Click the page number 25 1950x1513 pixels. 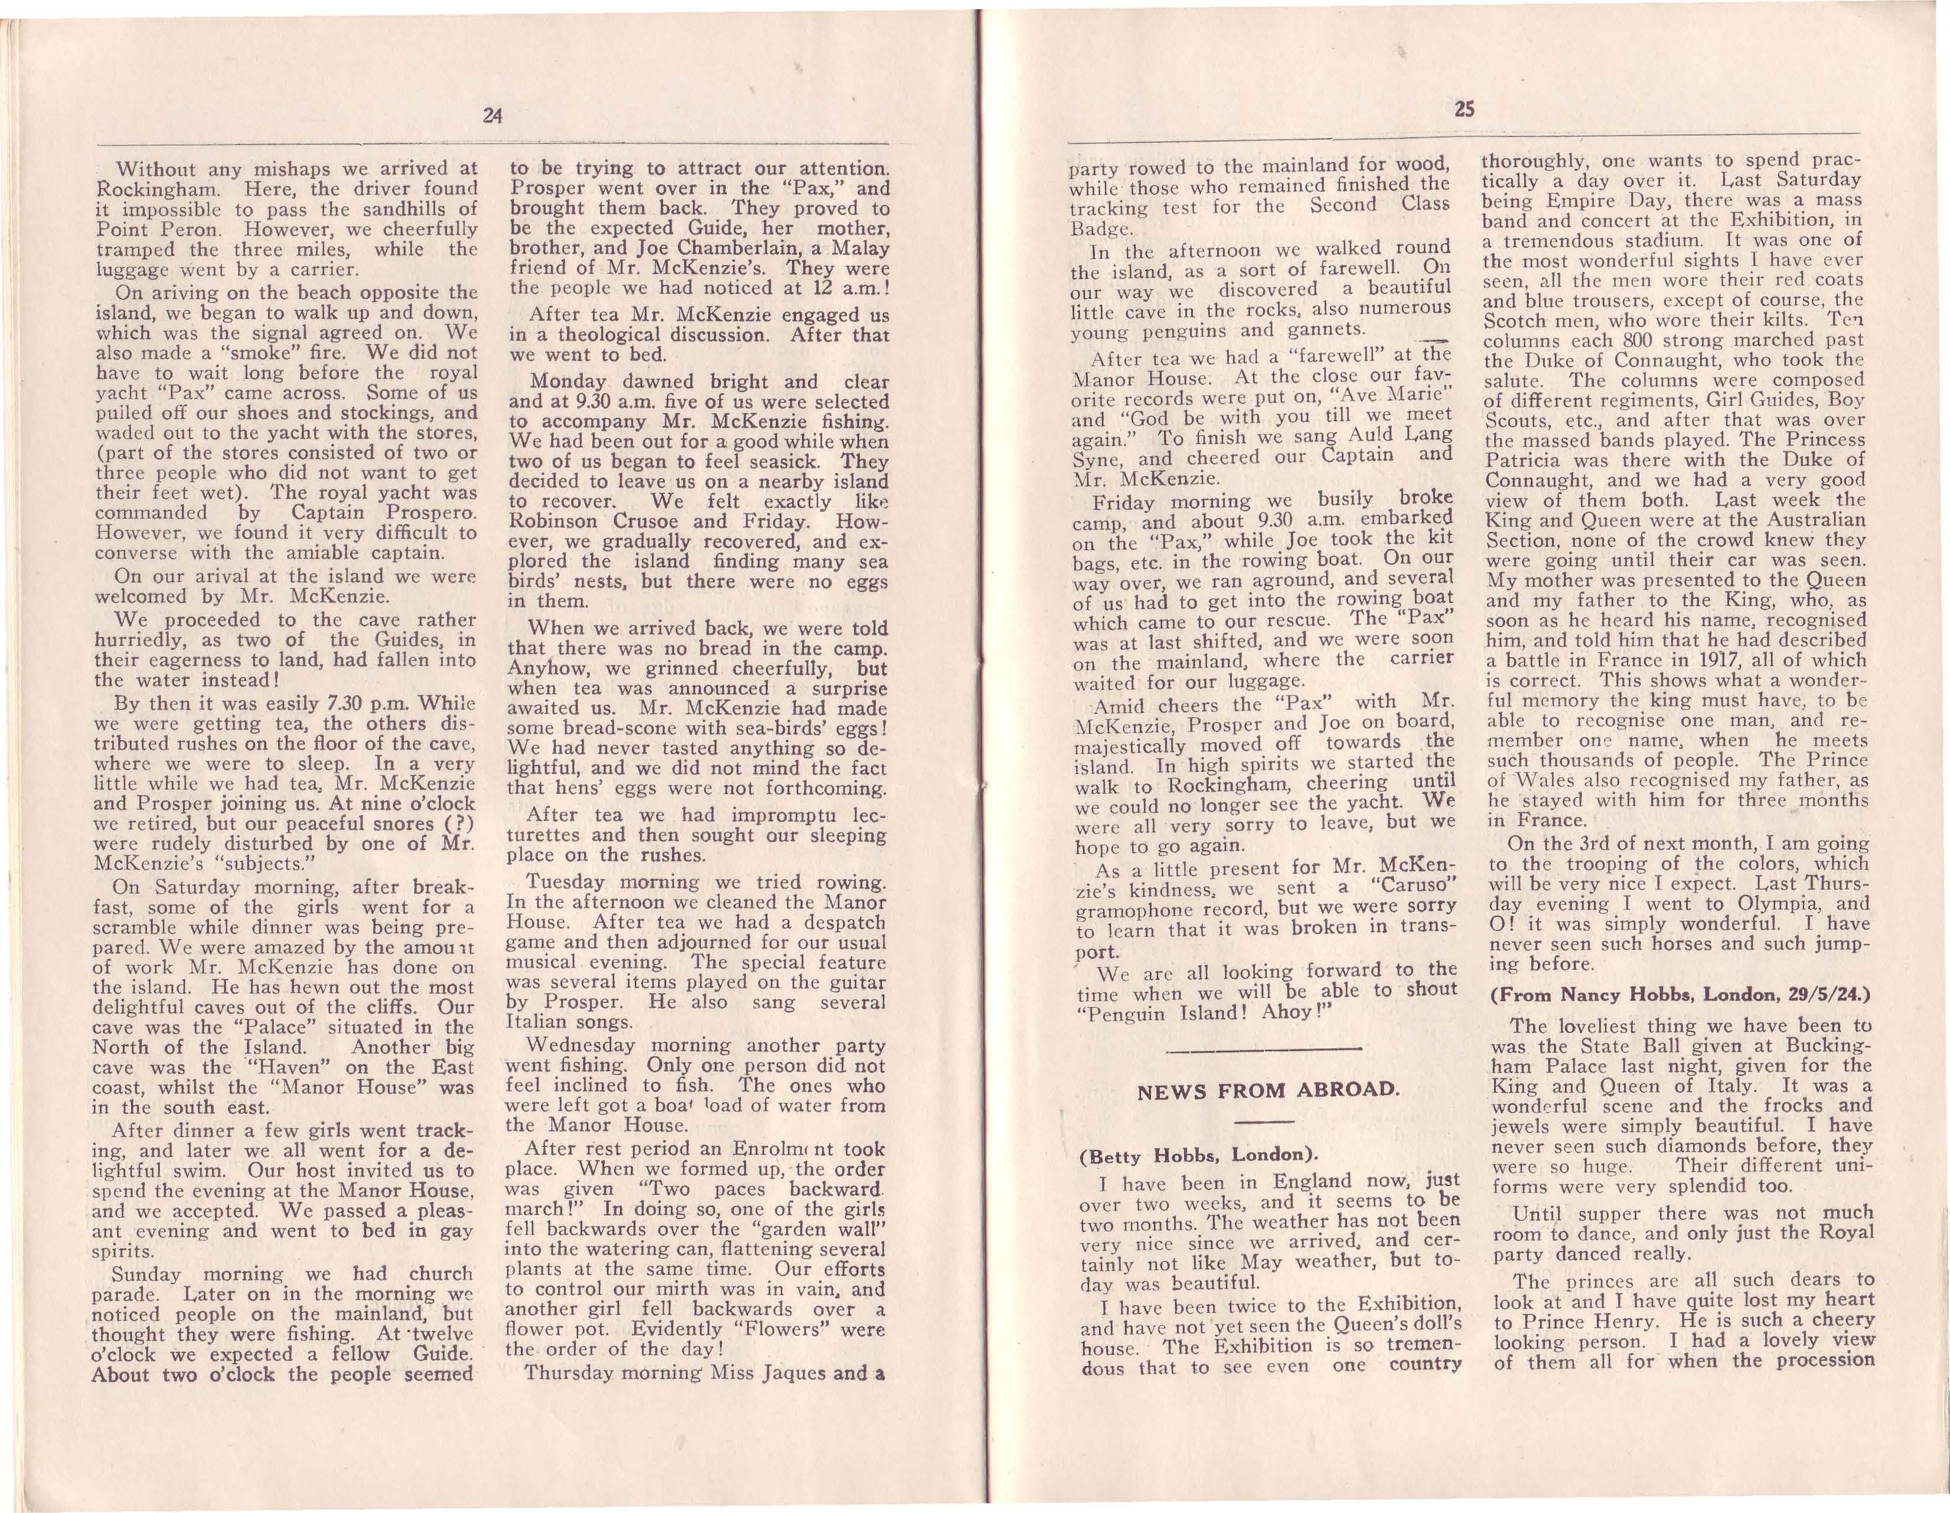[1465, 110]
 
